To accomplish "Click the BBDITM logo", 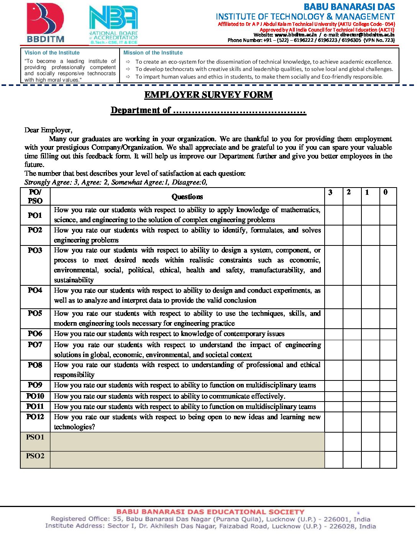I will coord(46,23).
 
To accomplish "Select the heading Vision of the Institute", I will coord(52,53).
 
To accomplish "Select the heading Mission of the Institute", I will coord(153,53).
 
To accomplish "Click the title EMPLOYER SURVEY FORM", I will coord(208,95).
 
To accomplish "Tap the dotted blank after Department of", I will coord(239,111).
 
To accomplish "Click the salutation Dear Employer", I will coord(48,130).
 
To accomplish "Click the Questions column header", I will coord(187,197).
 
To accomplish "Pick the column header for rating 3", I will coord(330,193).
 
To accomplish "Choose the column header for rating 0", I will coord(386,193).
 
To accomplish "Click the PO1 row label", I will coord(35,215).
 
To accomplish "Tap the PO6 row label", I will coord(35,334).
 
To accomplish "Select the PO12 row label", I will coord(35,417).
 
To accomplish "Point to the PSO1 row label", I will coord(35,437).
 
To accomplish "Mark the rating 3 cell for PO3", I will coord(334,265).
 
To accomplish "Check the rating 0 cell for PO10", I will coord(388,396).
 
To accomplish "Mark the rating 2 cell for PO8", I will coord(352,370).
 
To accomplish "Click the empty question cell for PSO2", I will coord(187,460).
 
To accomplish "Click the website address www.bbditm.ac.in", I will coord(296,35).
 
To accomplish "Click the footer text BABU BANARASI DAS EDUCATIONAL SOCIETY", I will coord(210,512).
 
